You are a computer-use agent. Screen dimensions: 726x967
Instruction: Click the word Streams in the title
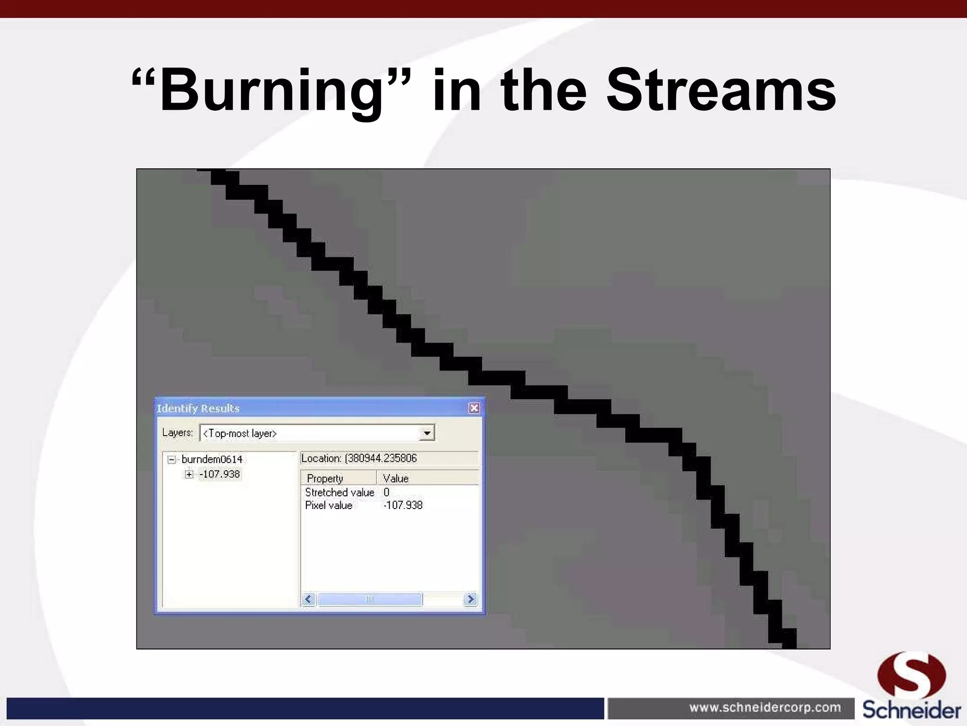tap(721, 91)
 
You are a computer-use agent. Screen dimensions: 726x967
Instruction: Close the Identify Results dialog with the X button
tap(474, 408)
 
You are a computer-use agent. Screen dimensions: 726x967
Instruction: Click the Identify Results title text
tap(198, 408)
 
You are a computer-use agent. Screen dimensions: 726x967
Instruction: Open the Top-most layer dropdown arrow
tap(426, 433)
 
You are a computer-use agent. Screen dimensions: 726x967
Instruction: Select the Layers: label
tap(178, 432)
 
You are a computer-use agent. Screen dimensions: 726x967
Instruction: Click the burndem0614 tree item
tap(212, 459)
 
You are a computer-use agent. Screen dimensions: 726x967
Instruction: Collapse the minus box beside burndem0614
tap(172, 459)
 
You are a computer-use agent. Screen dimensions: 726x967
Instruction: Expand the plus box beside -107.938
tap(189, 474)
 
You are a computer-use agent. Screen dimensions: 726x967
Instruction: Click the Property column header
tap(325, 478)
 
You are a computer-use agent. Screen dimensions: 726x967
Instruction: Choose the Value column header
tap(396, 478)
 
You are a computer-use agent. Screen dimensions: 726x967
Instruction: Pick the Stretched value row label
tap(339, 493)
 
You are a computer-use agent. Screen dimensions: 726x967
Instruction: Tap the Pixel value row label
tap(329, 505)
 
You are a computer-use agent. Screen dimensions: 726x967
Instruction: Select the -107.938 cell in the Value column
tap(403, 505)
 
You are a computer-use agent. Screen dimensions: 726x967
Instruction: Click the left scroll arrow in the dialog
tap(309, 599)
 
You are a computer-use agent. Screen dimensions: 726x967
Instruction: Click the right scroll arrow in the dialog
tap(470, 599)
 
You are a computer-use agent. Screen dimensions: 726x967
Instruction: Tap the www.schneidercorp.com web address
tap(765, 708)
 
